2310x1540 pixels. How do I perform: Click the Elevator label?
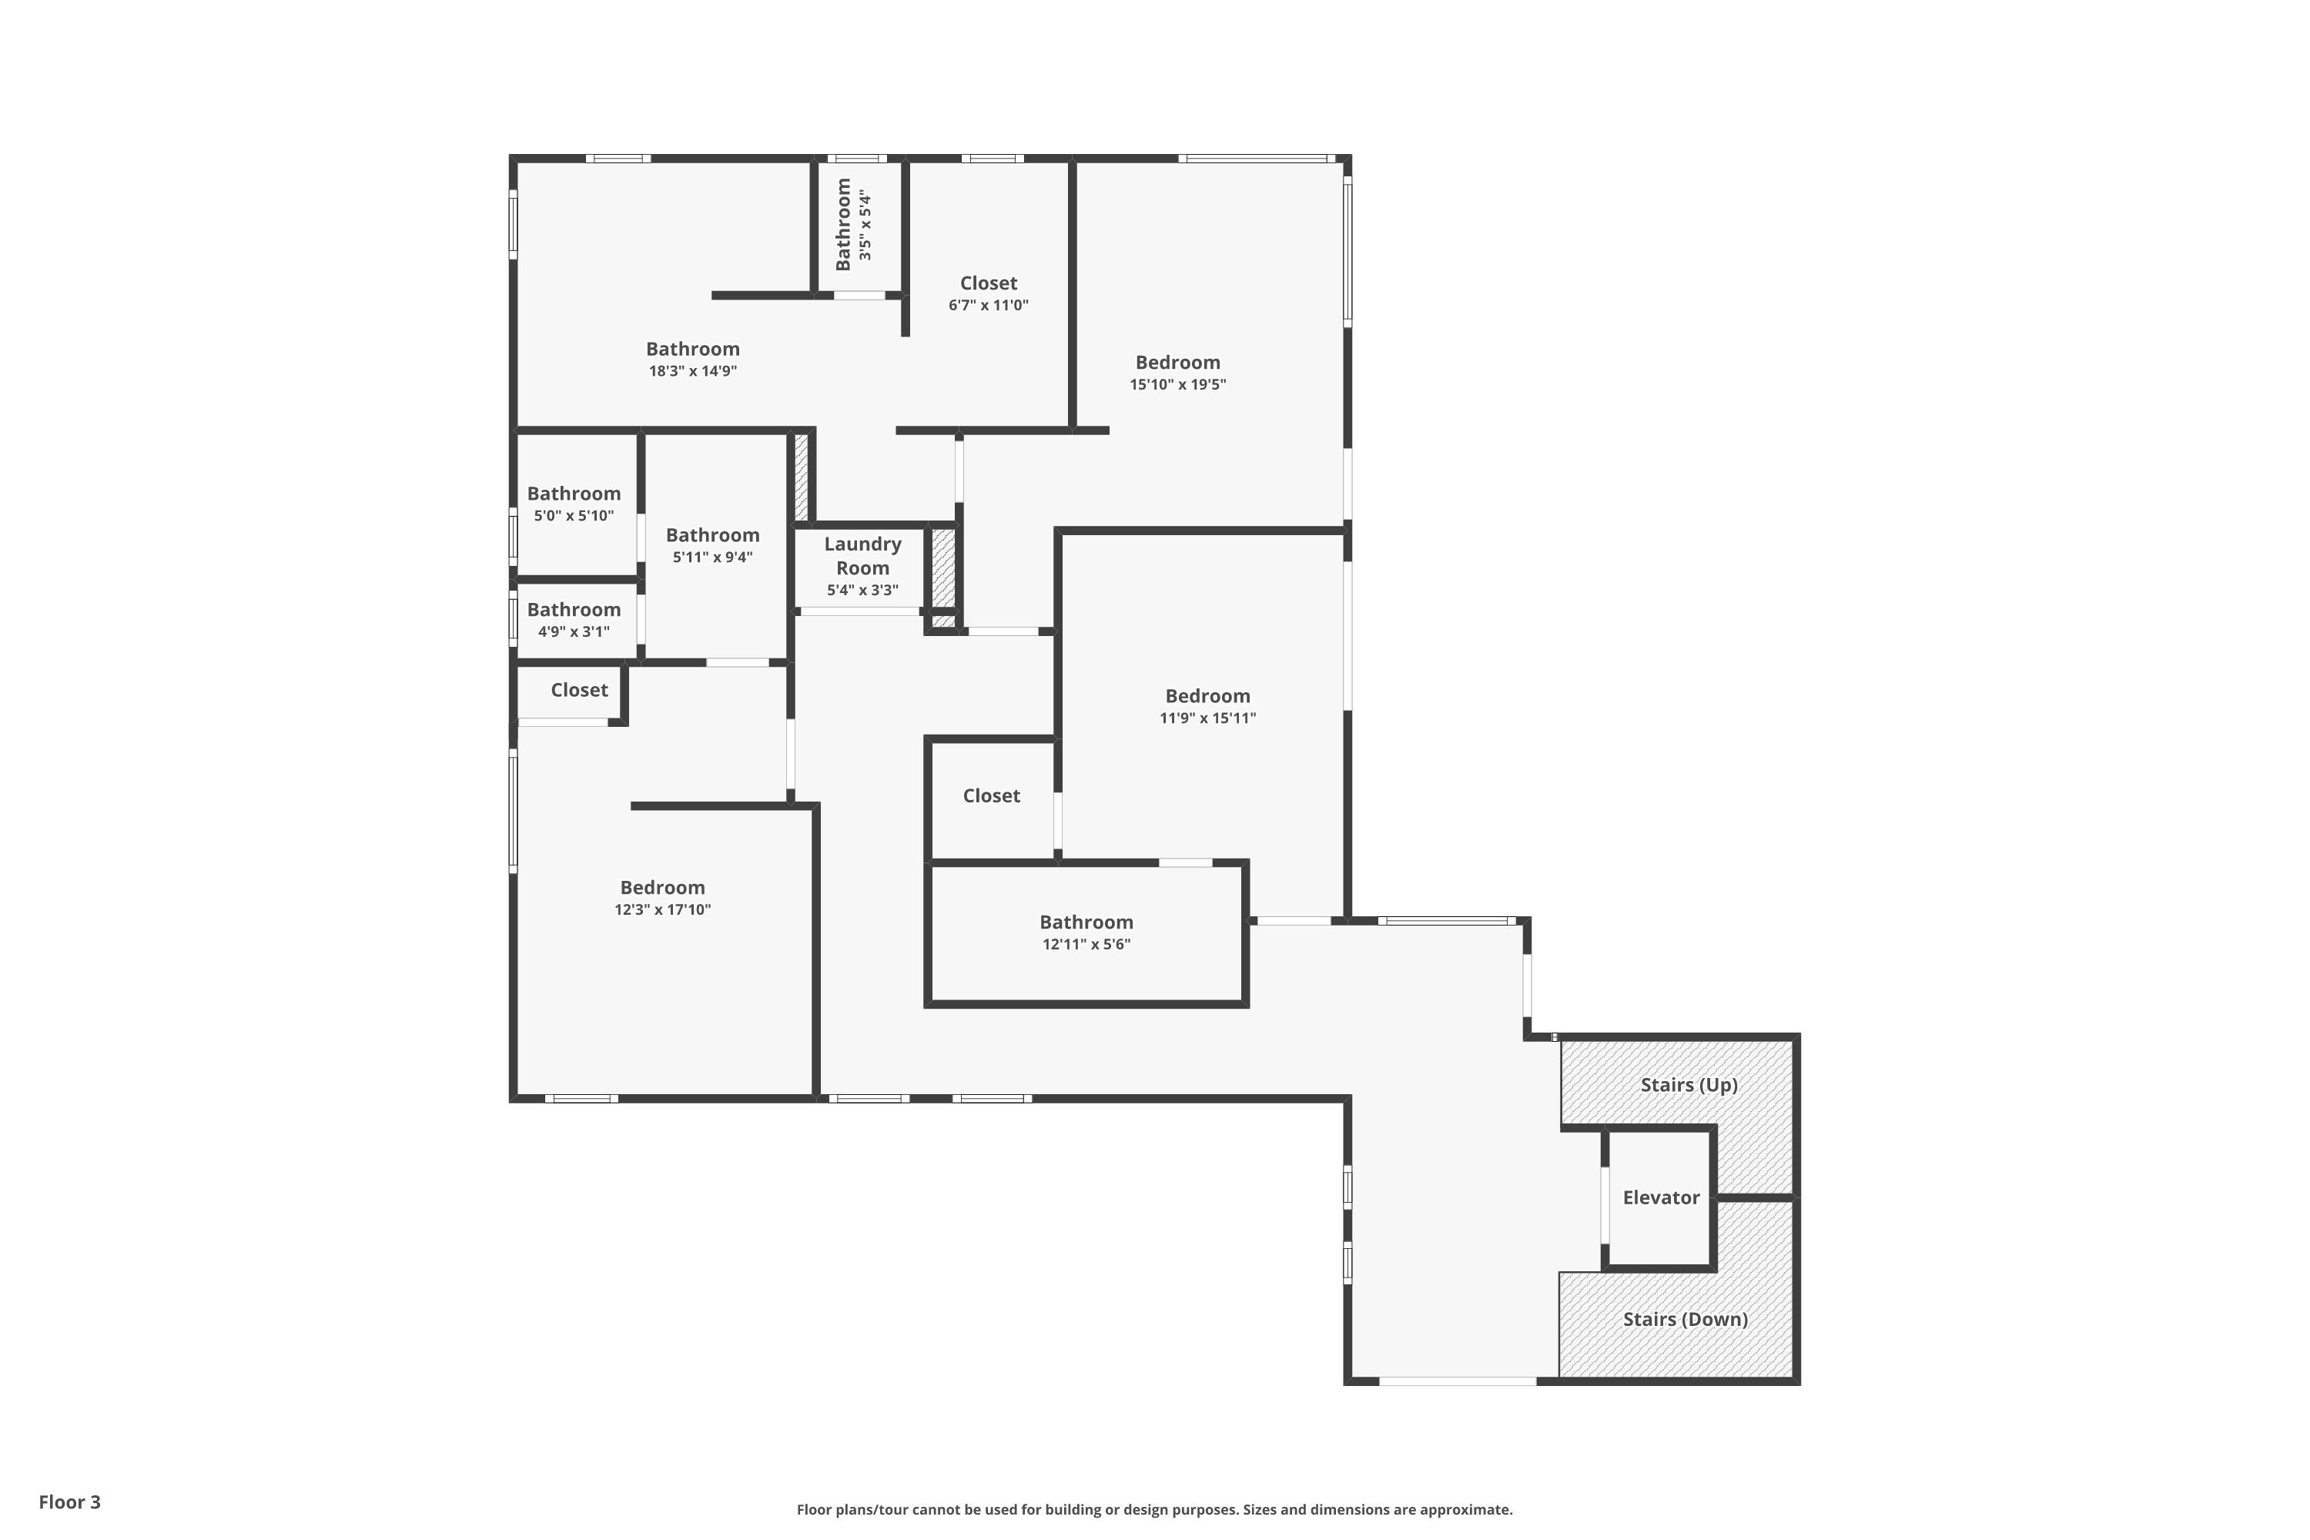point(1661,1197)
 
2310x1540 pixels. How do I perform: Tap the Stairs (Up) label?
point(1689,1084)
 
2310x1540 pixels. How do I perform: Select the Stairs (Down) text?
point(1686,1319)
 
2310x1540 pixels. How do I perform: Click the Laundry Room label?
point(862,556)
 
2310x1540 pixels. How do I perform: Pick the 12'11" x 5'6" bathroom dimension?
point(1086,945)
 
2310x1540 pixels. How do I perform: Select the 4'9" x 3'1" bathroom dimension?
point(574,631)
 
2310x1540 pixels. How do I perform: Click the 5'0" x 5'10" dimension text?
point(574,516)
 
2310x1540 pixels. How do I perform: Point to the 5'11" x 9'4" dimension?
point(712,557)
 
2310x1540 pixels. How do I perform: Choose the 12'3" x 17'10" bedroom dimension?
point(662,909)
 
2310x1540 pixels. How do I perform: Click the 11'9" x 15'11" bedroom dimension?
point(1207,718)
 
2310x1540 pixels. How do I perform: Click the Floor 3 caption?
point(70,1501)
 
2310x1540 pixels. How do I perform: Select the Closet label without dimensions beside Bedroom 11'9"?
point(991,795)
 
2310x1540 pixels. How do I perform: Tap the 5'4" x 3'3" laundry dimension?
point(862,591)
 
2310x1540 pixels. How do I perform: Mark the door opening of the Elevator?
point(1604,1205)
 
